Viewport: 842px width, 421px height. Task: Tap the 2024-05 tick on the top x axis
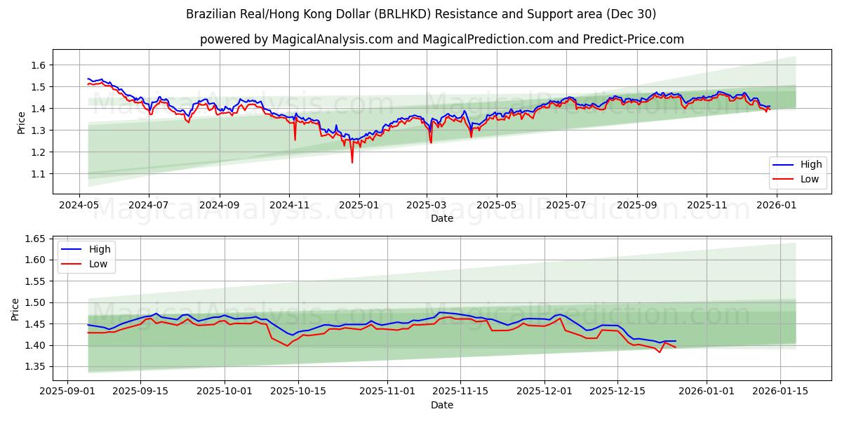click(x=79, y=206)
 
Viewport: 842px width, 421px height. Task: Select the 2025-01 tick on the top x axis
click(x=359, y=206)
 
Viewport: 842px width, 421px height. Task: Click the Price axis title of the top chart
click(x=22, y=123)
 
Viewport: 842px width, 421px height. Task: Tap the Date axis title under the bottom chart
click(x=442, y=405)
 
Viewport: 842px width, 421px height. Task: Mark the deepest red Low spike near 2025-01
click(x=352, y=162)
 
